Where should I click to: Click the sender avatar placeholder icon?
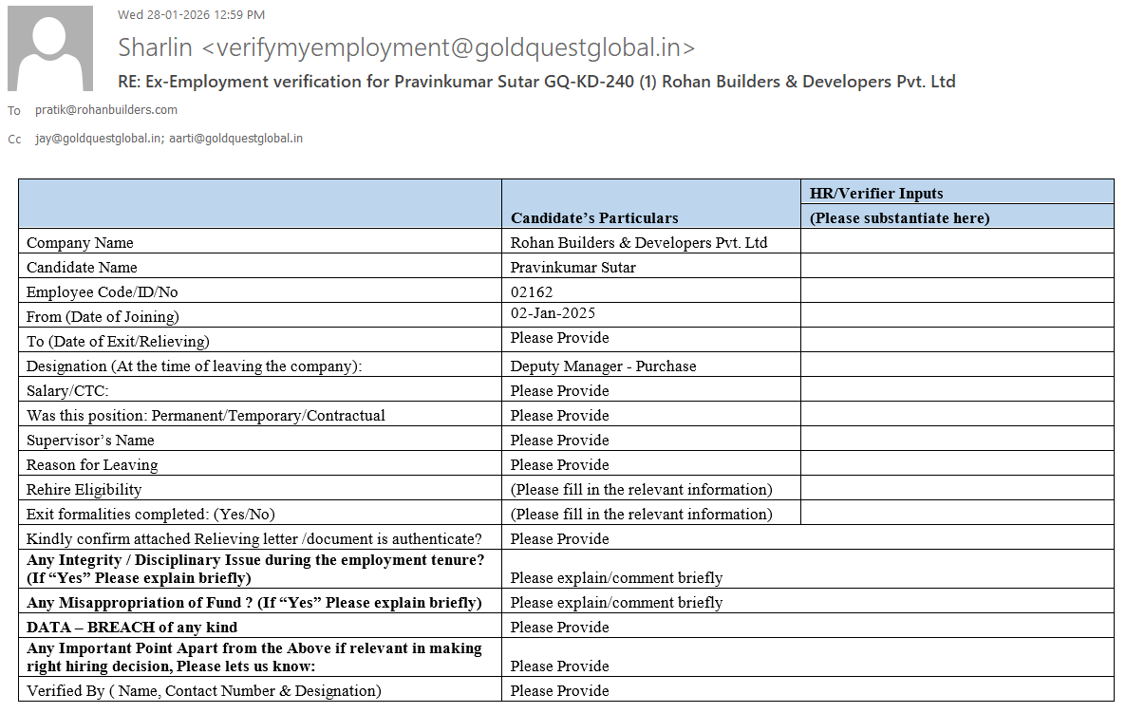click(50, 48)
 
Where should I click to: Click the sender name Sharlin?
click(156, 47)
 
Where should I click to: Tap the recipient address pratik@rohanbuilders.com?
click(106, 110)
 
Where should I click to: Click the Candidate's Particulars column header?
click(594, 218)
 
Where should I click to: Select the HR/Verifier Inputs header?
click(876, 194)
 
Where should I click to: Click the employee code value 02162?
click(532, 292)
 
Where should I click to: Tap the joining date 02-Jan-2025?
click(553, 313)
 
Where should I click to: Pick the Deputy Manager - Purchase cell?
click(603, 366)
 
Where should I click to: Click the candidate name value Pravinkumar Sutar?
click(572, 268)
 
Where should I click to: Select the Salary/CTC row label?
click(67, 391)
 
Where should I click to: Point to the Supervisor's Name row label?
click(90, 441)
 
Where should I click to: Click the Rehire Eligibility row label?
click(84, 490)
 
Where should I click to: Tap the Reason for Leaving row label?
click(92, 465)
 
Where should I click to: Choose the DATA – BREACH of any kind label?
click(132, 627)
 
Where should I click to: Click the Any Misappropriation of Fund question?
click(254, 603)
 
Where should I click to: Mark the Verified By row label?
click(203, 691)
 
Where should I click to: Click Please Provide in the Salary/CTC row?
click(559, 391)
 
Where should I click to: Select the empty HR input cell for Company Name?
click(957, 243)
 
